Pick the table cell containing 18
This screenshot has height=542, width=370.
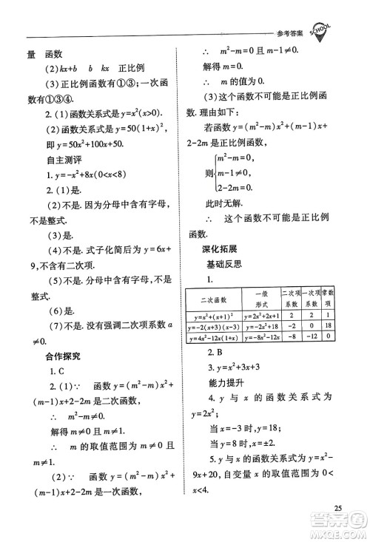pyautogui.click(x=326, y=325)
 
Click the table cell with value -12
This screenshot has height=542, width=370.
pyautogui.click(x=308, y=337)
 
